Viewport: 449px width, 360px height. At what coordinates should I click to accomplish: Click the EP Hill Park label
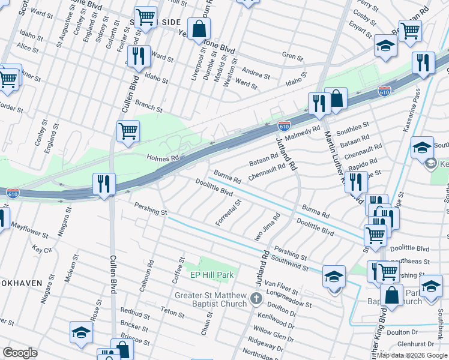pyautogui.click(x=211, y=275)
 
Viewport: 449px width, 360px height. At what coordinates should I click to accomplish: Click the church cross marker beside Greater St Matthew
pyautogui.click(x=256, y=298)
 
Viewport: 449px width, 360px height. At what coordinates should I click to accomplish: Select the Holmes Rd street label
pyautogui.click(x=163, y=158)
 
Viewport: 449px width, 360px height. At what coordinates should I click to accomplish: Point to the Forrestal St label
pyautogui.click(x=229, y=213)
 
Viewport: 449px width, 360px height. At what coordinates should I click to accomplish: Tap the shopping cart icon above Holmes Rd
pyautogui.click(x=128, y=130)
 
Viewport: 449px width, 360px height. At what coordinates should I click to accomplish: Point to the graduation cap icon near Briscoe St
pyautogui.click(x=82, y=332)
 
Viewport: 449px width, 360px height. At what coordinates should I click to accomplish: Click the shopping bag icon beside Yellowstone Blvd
pyautogui.click(x=198, y=28)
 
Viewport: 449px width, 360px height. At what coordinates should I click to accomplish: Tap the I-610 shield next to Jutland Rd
pyautogui.click(x=285, y=126)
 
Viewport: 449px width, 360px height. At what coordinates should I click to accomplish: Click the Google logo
pyautogui.click(x=20, y=353)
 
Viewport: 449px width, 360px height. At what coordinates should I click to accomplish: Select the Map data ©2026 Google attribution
pyautogui.click(x=412, y=355)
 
